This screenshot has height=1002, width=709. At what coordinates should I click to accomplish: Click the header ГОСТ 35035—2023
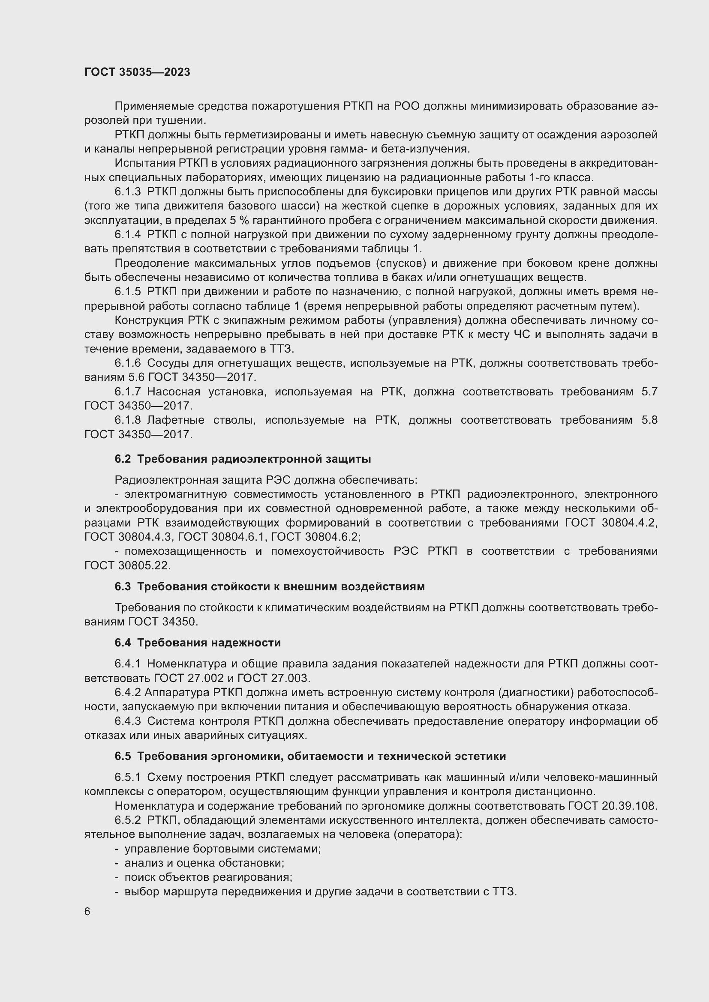tap(137, 72)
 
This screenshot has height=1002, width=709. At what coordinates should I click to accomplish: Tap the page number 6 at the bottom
tap(87, 911)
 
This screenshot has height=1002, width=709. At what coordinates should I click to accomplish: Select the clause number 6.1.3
tap(127, 191)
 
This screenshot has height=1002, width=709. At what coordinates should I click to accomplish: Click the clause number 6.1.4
tap(127, 234)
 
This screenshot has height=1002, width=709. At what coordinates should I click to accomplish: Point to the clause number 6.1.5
tap(127, 292)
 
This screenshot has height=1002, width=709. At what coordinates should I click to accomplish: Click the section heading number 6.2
tap(123, 459)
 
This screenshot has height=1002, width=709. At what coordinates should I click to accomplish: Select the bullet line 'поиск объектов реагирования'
tap(208, 877)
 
